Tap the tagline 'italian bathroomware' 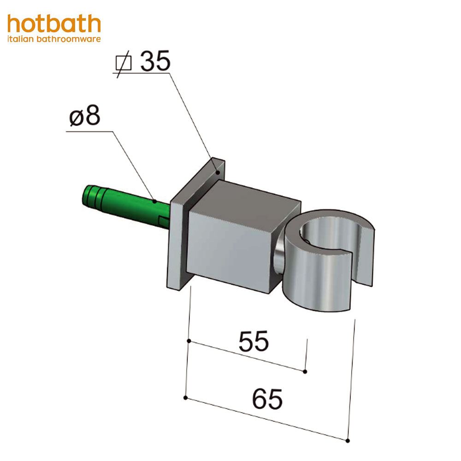coord(54,40)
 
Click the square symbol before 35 coord(123,64)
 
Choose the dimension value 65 coord(267,399)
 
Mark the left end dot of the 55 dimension coord(189,341)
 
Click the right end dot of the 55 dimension coord(305,371)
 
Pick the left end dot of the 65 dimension coord(185,397)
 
